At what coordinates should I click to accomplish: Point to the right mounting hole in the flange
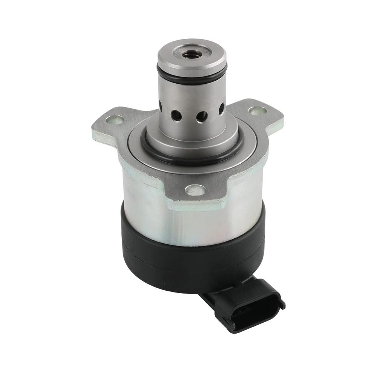tap(258, 110)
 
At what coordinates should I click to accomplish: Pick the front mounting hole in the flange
tap(196, 190)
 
